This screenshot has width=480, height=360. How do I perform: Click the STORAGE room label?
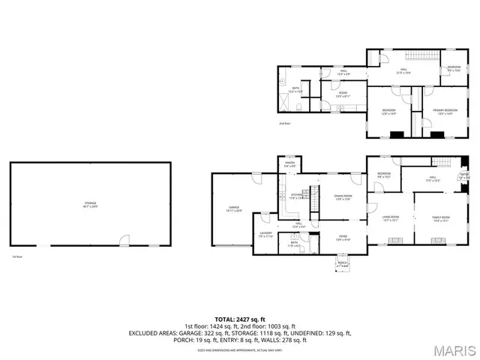click(x=89, y=203)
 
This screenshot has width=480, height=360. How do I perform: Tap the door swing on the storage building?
click(x=124, y=240)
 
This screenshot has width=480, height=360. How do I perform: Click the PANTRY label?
click(x=289, y=164)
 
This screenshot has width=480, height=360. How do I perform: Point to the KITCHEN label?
click(x=297, y=197)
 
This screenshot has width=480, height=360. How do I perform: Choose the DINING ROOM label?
click(x=343, y=197)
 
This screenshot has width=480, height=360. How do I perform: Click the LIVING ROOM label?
click(x=391, y=218)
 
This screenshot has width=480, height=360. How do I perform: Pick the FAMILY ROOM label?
click(x=440, y=218)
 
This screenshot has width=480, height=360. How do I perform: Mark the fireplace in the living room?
click(x=394, y=241)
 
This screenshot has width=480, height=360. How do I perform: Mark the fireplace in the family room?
click(x=439, y=241)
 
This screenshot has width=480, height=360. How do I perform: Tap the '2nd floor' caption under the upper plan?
click(x=284, y=122)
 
